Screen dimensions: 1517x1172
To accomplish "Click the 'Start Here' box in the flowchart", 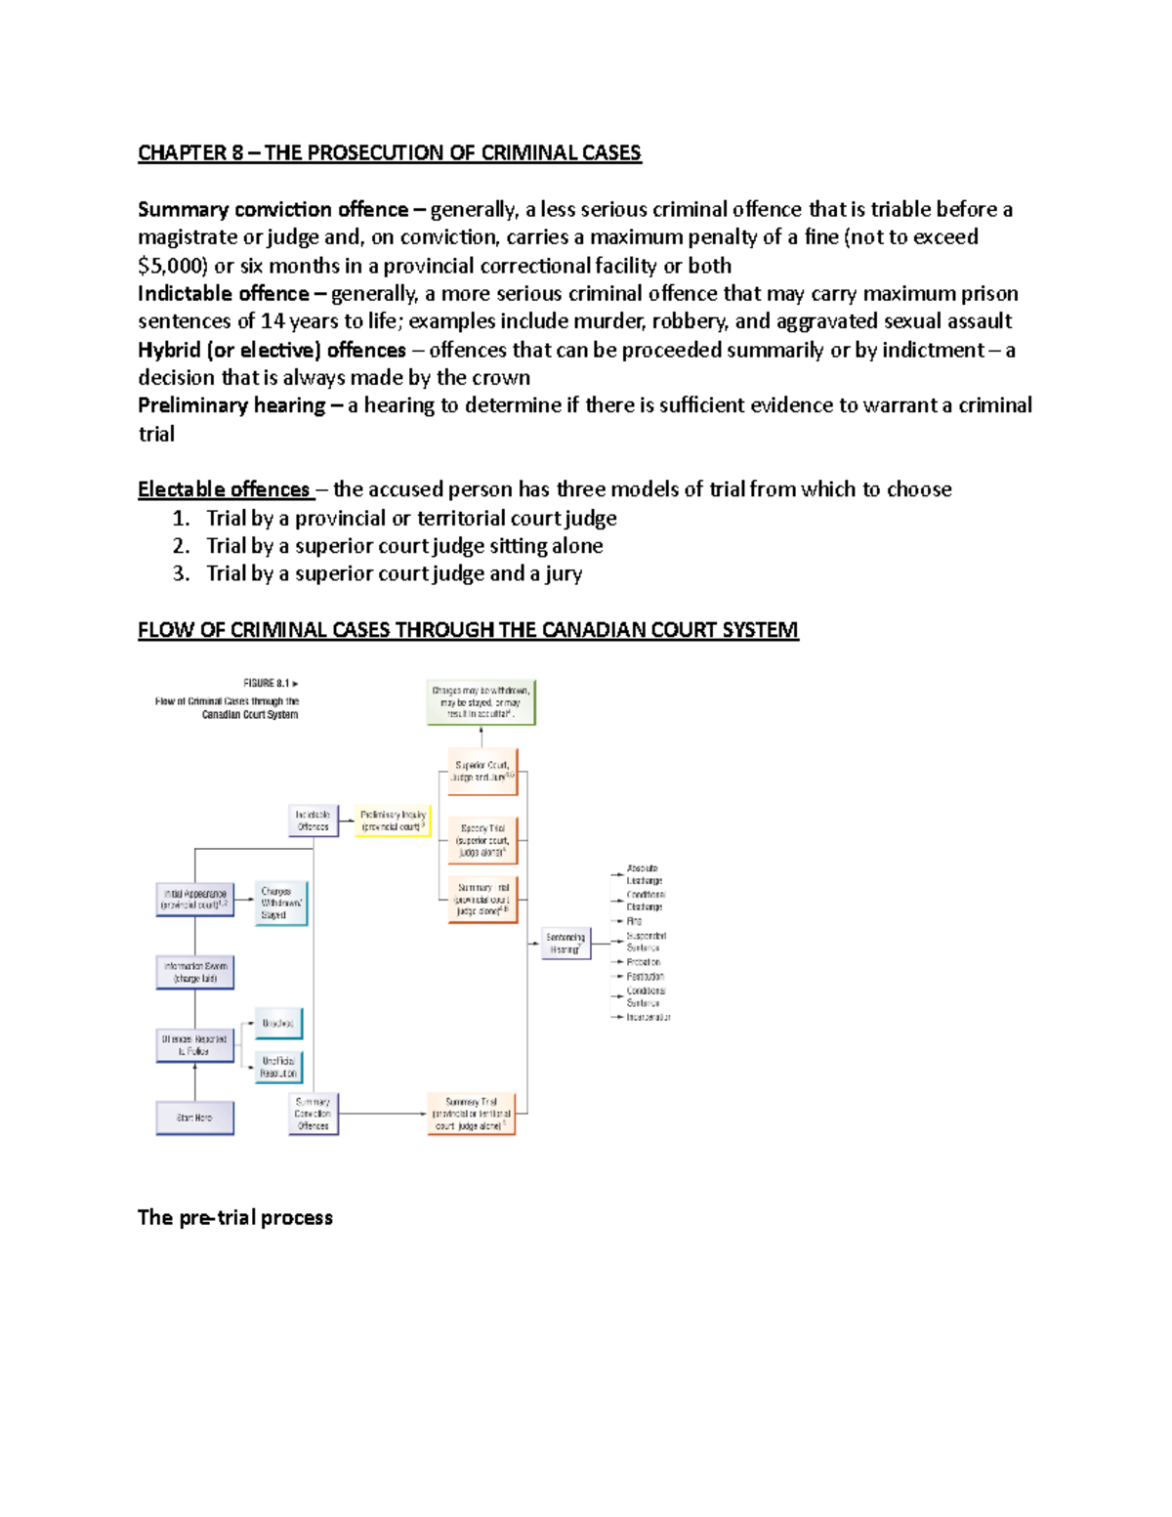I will pos(194,1117).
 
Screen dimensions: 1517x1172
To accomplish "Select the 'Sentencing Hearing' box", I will pos(565,944).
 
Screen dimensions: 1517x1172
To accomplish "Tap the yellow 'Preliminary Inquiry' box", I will pos(393,821).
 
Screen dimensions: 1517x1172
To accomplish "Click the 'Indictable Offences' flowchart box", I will pos(314,821).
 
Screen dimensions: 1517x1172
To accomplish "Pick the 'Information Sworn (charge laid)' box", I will pos(195,972).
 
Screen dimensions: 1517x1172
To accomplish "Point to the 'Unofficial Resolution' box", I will pos(278,1067).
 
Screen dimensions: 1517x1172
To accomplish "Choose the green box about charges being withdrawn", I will pos(481,702).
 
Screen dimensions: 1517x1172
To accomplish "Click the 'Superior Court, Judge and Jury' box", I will pos(482,772).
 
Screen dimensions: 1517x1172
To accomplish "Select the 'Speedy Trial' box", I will pos(482,840).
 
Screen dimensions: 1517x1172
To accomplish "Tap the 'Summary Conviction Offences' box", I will pos(313,1114).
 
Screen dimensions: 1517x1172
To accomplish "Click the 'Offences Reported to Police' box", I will pos(194,1045).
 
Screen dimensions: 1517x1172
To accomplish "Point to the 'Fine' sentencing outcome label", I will pos(635,921).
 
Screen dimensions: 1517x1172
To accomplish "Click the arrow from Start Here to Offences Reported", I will pos(194,1081).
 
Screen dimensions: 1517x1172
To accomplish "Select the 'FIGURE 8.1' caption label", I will pos(266,684).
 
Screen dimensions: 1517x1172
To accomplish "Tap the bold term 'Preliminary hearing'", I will pos(231,405).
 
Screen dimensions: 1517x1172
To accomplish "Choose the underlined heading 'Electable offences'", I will pos(224,489).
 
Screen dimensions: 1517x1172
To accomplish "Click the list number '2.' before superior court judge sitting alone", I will pos(181,546).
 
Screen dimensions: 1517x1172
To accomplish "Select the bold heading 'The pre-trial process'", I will pos(235,1217).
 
